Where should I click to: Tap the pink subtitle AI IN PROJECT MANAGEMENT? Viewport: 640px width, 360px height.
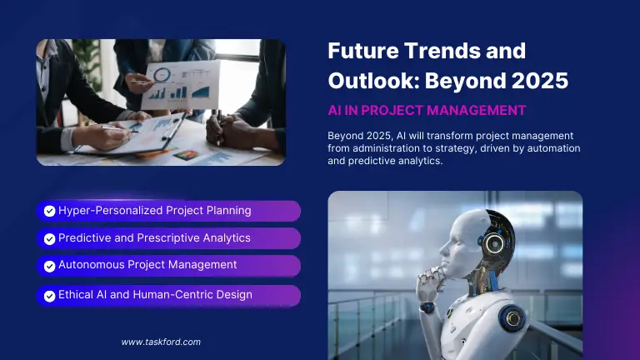(x=427, y=110)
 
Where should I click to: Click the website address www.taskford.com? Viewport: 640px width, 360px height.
(x=161, y=342)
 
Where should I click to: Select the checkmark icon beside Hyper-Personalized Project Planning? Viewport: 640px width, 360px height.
(x=49, y=211)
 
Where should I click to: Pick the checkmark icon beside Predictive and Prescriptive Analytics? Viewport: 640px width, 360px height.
(x=49, y=238)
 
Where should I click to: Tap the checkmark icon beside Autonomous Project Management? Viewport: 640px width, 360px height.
(x=49, y=266)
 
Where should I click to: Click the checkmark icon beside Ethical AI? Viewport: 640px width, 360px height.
(x=49, y=295)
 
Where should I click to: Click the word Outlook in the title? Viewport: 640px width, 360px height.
(x=370, y=82)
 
